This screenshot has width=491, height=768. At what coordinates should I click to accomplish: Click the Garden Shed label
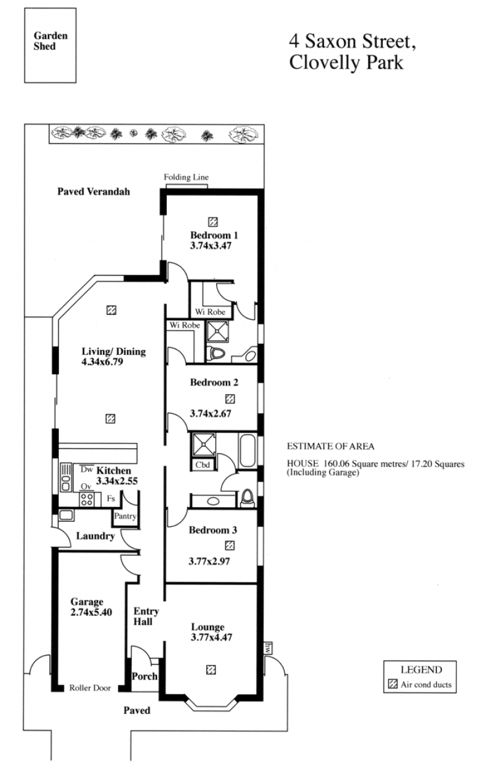pyautogui.click(x=50, y=41)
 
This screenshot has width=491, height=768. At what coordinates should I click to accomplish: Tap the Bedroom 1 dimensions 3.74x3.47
pyautogui.click(x=211, y=246)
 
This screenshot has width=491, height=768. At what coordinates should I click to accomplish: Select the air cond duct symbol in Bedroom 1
pyautogui.click(x=213, y=222)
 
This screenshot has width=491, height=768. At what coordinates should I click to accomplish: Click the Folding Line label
pyautogui.click(x=186, y=177)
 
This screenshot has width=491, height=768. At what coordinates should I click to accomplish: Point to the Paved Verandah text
pyautogui.click(x=94, y=192)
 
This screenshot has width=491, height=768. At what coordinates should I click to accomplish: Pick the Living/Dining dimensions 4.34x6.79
pyautogui.click(x=102, y=362)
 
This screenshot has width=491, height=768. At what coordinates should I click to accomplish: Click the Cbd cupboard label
pyautogui.click(x=203, y=465)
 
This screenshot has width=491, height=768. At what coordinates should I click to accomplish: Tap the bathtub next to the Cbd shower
pyautogui.click(x=247, y=451)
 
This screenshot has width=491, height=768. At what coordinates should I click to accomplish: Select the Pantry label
pyautogui.click(x=125, y=516)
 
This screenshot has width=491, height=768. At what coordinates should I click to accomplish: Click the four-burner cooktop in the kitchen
pyautogui.click(x=87, y=500)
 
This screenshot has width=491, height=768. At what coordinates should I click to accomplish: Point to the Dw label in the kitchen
pyautogui.click(x=87, y=470)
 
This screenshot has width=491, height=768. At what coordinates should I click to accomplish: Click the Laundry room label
pyautogui.click(x=95, y=536)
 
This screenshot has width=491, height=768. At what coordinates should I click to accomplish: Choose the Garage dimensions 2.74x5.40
pyautogui.click(x=91, y=612)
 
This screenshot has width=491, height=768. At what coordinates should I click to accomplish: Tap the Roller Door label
pyautogui.click(x=90, y=688)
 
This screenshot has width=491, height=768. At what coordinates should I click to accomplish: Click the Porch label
pyautogui.click(x=144, y=676)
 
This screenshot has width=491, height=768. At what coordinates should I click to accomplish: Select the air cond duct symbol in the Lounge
pyautogui.click(x=211, y=669)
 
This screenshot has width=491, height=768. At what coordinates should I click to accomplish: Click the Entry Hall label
pyautogui.click(x=146, y=616)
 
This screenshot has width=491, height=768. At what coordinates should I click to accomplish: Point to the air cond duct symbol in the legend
pyautogui.click(x=393, y=684)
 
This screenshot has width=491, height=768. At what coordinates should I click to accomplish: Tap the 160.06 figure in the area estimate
pyautogui.click(x=336, y=464)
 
